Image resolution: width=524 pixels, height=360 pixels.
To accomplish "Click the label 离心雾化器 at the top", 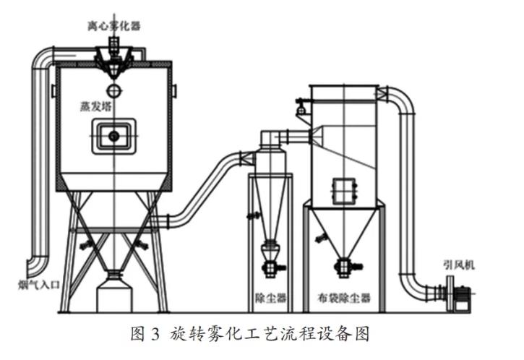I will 115,27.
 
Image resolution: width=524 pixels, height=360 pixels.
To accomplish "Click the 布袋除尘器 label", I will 343,297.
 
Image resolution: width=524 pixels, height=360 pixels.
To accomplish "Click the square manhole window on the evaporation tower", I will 113,136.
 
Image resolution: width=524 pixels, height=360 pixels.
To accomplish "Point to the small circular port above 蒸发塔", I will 113,90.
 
